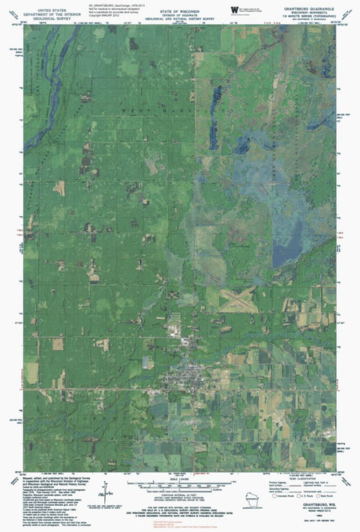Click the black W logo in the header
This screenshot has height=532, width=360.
tap(235, 9)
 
